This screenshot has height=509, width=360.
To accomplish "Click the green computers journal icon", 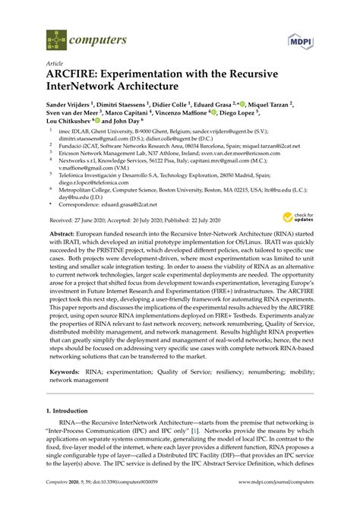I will coord(55,36).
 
